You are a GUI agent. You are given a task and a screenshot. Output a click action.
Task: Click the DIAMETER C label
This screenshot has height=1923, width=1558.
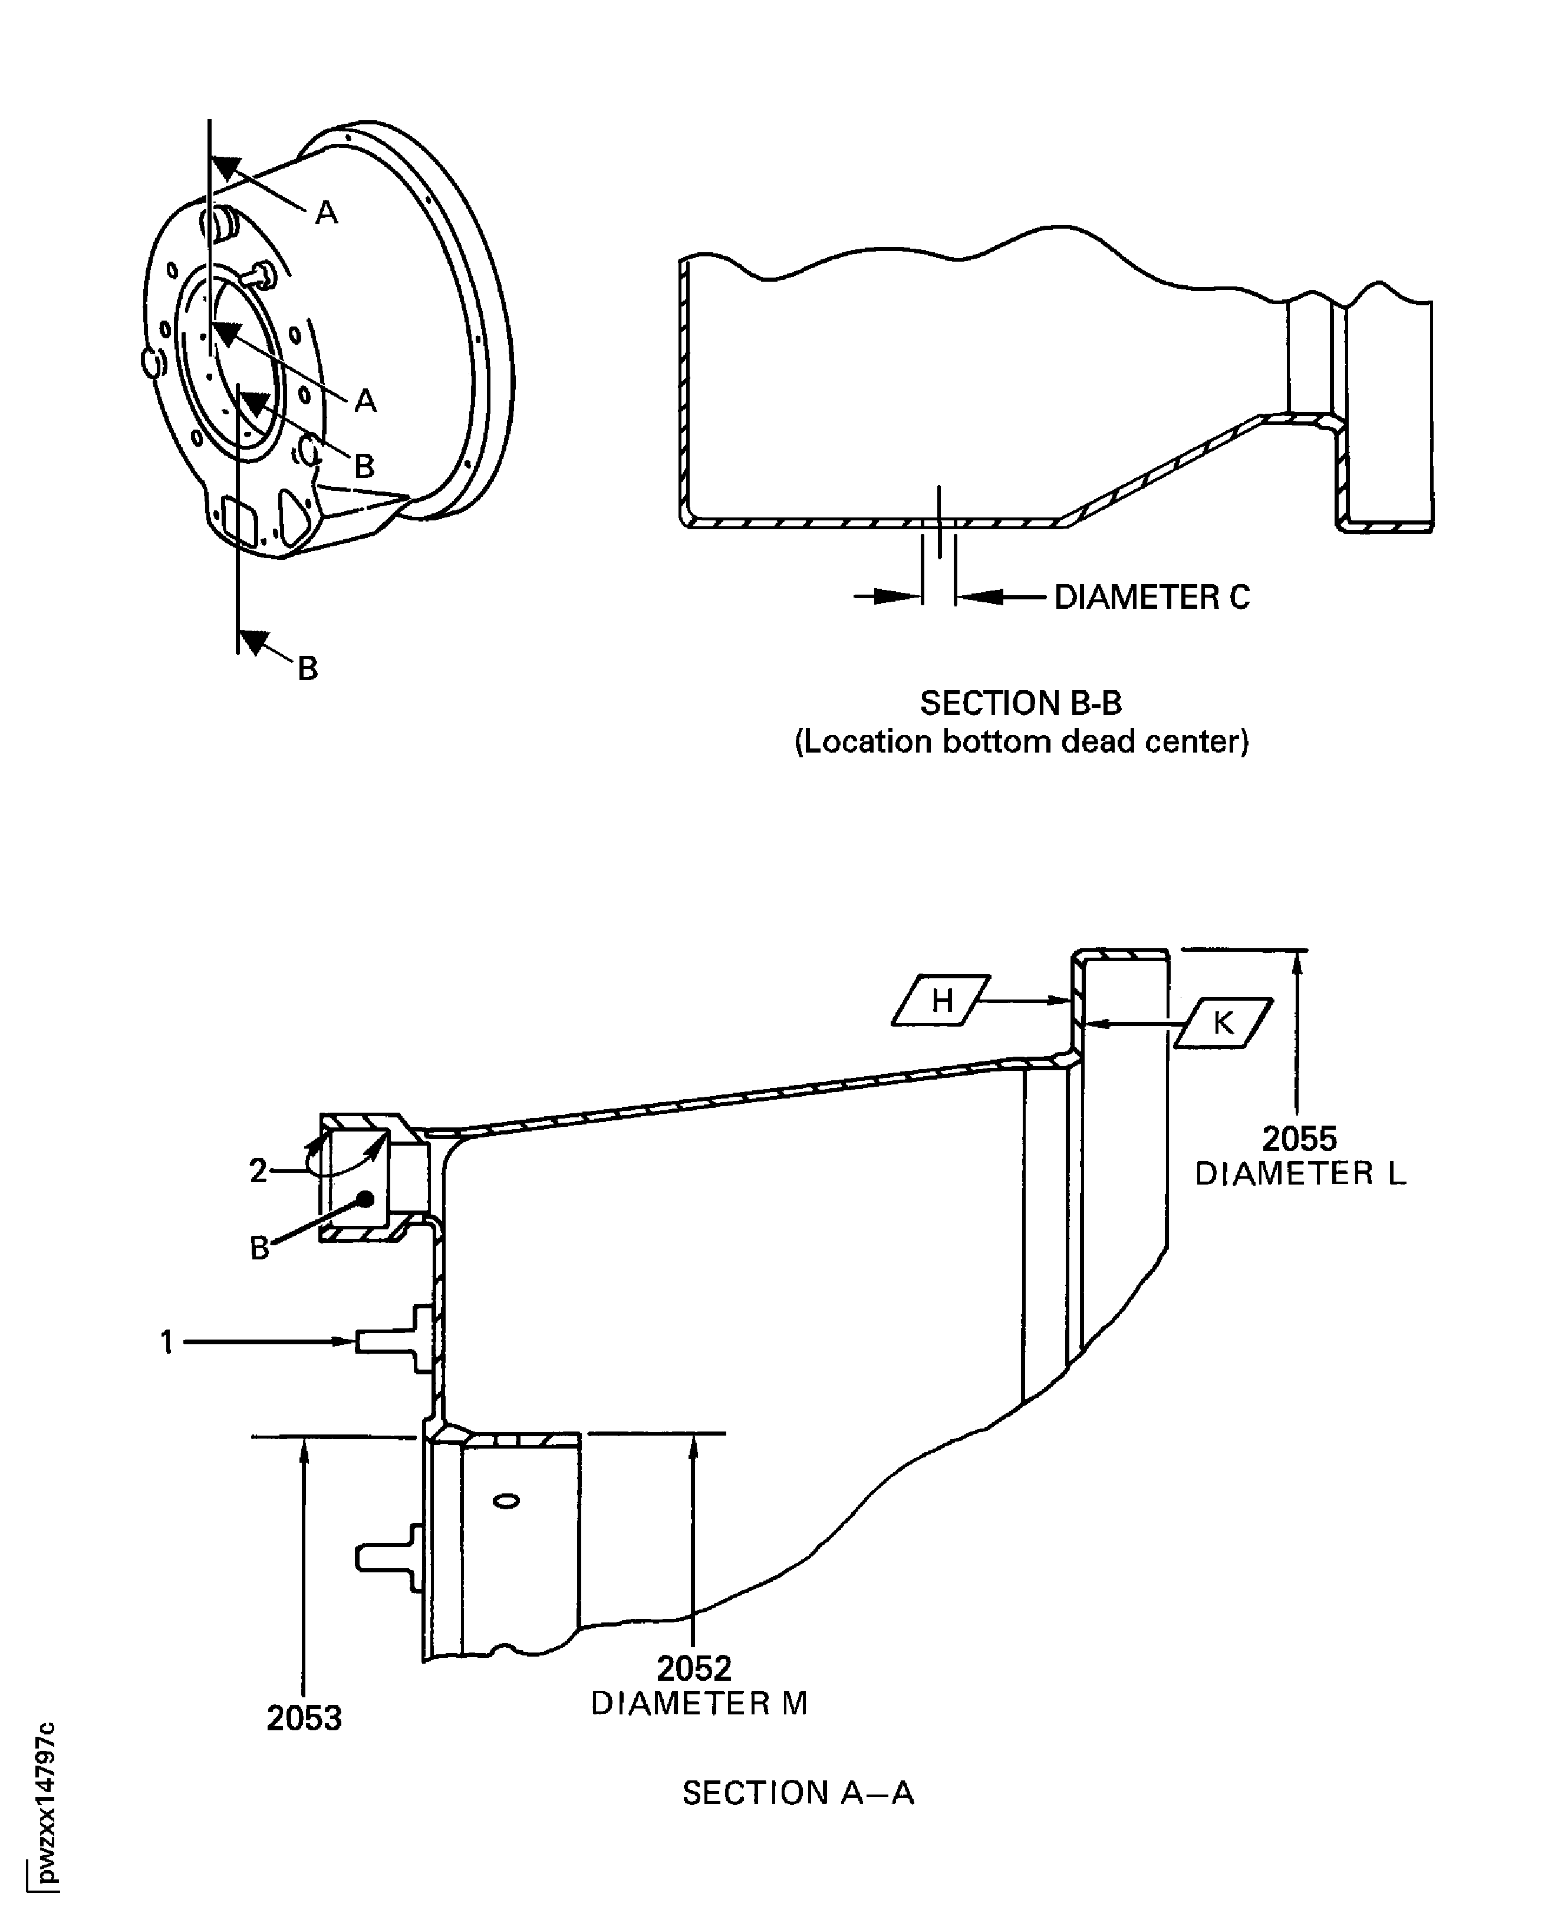click(1151, 598)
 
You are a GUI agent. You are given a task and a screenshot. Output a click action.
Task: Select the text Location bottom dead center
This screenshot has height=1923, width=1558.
click(1022, 742)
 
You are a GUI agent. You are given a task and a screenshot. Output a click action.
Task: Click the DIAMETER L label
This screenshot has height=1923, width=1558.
click(1300, 1174)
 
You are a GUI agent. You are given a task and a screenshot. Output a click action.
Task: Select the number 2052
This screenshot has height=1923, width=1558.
click(694, 1668)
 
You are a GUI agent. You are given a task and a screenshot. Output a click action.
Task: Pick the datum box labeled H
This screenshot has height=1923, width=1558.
click(941, 1000)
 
